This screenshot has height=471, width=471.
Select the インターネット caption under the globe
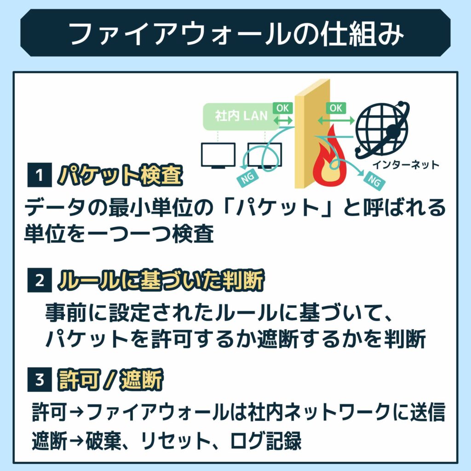coord(405,164)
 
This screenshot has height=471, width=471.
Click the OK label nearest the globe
coord(336,108)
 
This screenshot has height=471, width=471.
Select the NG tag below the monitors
coord(246,180)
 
